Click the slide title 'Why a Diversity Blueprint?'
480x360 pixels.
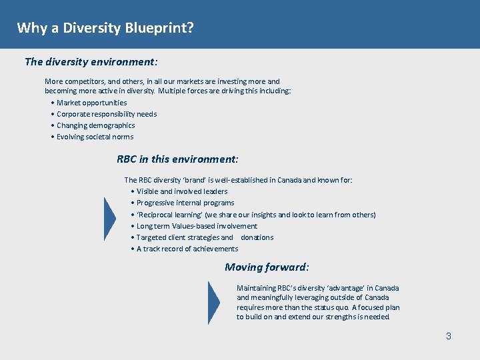pyautogui.click(x=105, y=28)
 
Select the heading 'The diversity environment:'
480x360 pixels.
pyautogui.click(x=91, y=62)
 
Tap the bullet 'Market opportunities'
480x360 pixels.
pyautogui.click(x=91, y=103)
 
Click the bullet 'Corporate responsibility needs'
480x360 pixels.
pyautogui.click(x=107, y=114)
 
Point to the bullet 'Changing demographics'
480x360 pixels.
pyautogui.click(x=95, y=125)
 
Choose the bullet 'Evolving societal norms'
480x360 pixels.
pyautogui.click(x=95, y=137)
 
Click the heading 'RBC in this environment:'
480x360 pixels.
pyautogui.click(x=177, y=159)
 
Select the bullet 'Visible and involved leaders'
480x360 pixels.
pyautogui.click(x=181, y=191)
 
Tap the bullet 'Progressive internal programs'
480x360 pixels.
pyautogui.click(x=185, y=203)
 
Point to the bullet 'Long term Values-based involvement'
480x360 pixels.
pyautogui.click(x=197, y=226)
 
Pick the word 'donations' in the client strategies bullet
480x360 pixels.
pyautogui.click(x=257, y=237)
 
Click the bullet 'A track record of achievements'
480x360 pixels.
pyautogui.click(x=187, y=249)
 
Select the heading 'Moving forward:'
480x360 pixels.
pyautogui.click(x=267, y=267)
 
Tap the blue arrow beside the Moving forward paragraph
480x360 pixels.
pyautogui.click(x=214, y=302)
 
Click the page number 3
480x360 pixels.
pyautogui.click(x=449, y=336)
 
